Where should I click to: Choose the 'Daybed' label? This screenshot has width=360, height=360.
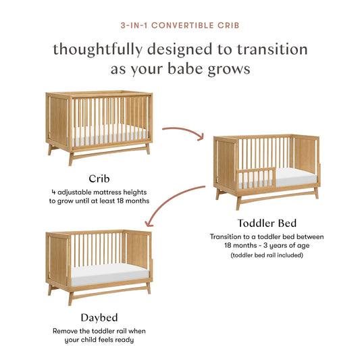(x=99, y=318)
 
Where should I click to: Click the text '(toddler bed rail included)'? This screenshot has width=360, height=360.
(x=266, y=255)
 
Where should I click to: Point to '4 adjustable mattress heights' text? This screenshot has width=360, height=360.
(x=99, y=191)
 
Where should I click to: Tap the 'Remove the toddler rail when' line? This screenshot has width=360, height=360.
(x=99, y=331)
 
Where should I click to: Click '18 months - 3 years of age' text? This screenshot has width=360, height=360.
(x=266, y=246)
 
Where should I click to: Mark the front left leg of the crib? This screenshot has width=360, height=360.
(x=70, y=158)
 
